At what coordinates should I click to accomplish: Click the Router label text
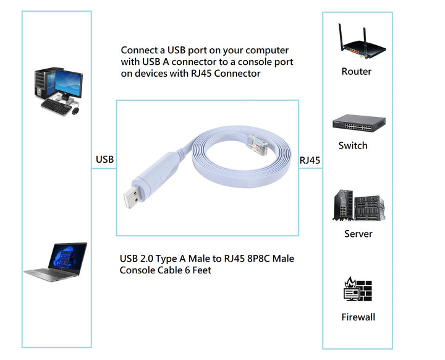point(357,72)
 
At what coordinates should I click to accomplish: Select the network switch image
point(358,124)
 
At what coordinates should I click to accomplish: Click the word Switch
point(353,146)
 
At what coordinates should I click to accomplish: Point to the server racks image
point(358,205)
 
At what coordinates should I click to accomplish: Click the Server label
point(358,234)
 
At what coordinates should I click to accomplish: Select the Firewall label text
point(358,317)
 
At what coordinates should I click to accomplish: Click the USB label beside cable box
point(105,160)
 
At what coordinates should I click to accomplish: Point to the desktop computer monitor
point(67,82)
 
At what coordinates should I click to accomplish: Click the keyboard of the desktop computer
point(56,106)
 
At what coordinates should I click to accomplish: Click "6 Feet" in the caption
point(197,270)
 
